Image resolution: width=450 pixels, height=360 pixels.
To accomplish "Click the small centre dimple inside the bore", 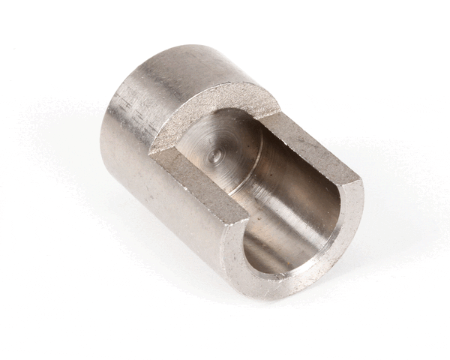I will (x=215, y=156).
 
